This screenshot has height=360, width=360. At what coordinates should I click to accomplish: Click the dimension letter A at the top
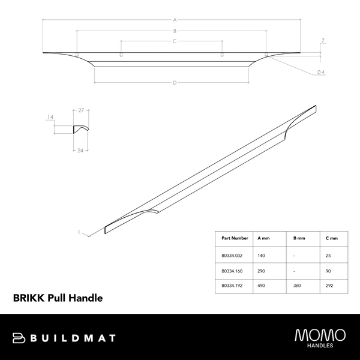click(x=174, y=20)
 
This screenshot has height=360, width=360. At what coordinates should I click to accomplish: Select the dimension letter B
click(x=174, y=31)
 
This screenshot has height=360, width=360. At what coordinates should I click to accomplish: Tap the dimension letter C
click(x=174, y=41)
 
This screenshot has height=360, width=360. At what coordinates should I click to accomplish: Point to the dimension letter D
click(x=174, y=82)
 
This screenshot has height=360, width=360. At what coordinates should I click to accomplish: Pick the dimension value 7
click(x=323, y=41)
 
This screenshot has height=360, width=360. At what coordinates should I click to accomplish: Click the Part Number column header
click(x=234, y=238)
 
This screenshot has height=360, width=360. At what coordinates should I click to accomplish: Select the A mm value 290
click(x=262, y=271)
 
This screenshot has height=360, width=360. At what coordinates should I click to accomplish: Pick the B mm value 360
click(x=298, y=287)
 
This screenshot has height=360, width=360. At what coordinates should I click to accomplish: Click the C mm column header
click(x=332, y=238)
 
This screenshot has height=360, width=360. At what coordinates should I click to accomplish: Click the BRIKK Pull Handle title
click(x=58, y=297)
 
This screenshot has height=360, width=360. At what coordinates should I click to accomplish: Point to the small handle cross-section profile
click(x=80, y=129)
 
